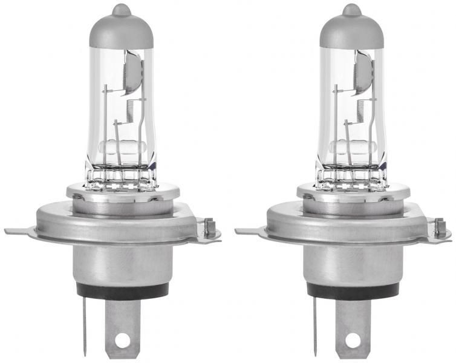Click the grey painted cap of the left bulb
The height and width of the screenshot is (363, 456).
[x=120, y=30]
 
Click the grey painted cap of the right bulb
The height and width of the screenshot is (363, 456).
[x=351, y=30]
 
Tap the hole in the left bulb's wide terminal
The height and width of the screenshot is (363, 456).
[x=122, y=339]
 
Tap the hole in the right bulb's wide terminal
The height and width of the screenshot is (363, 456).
[x=354, y=339]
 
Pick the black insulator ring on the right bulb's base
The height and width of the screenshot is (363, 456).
[x=354, y=289]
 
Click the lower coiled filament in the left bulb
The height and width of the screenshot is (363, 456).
[x=129, y=111]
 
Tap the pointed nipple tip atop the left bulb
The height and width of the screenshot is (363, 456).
[x=120, y=8]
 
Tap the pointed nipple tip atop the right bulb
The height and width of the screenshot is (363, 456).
[x=351, y=8]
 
